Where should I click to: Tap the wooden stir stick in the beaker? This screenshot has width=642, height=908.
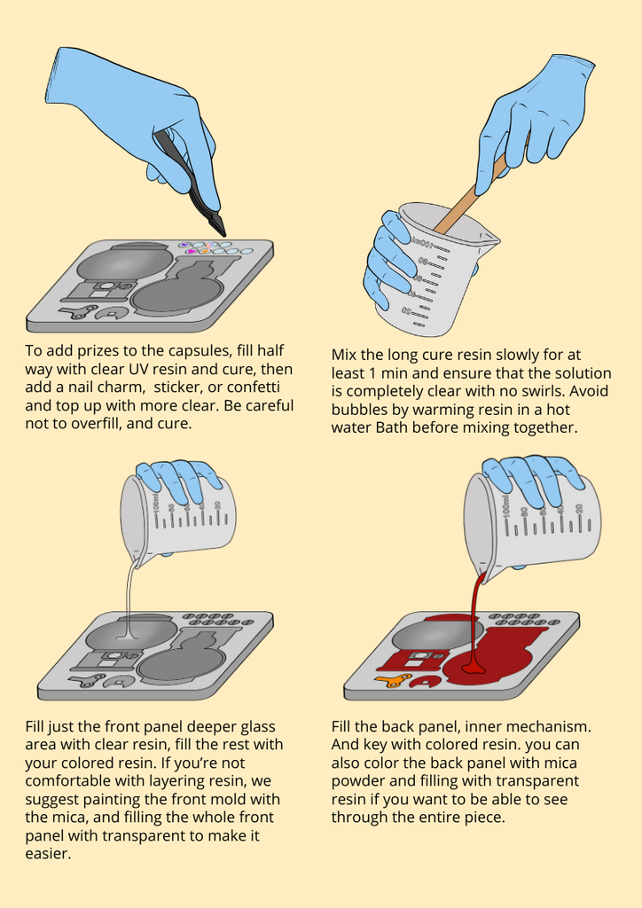(x=469, y=194)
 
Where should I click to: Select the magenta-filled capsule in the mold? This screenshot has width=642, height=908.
(x=191, y=252)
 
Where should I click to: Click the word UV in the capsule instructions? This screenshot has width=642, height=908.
(x=139, y=369)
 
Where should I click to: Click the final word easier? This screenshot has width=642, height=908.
(x=48, y=854)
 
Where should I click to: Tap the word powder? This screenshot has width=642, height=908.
(x=358, y=781)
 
